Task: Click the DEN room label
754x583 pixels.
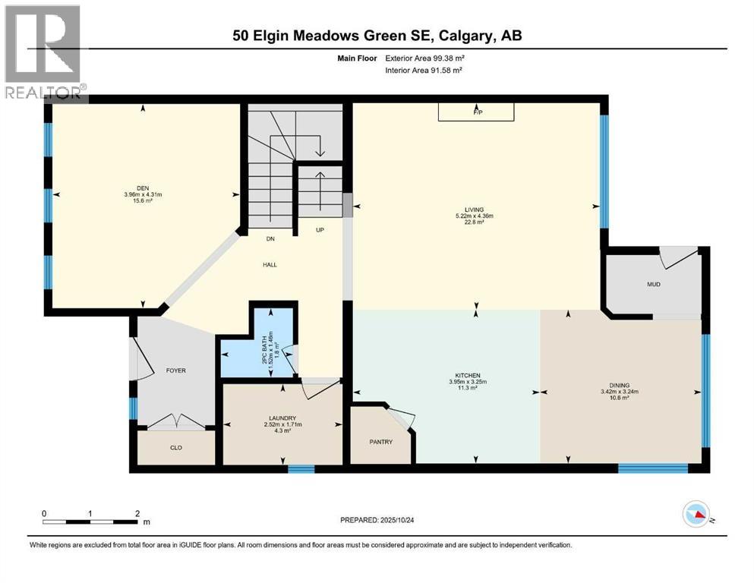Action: tap(142, 189)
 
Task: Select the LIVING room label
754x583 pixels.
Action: tap(475, 210)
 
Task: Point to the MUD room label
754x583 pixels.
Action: tap(653, 285)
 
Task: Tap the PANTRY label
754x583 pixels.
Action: tap(380, 442)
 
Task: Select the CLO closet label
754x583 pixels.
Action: tap(175, 447)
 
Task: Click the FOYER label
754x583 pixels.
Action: tap(175, 370)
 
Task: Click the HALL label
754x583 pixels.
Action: tap(270, 265)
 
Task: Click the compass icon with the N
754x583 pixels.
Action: tap(697, 515)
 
